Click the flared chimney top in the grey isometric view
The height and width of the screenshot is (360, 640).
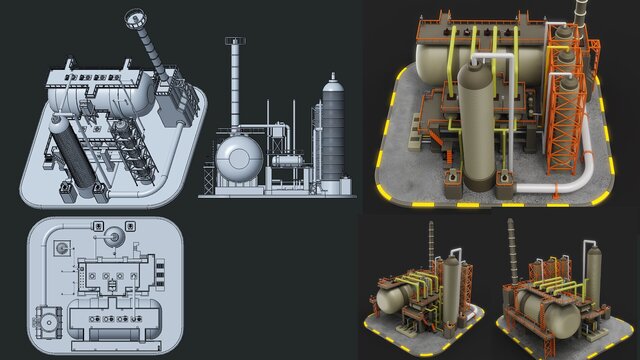[134, 18]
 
